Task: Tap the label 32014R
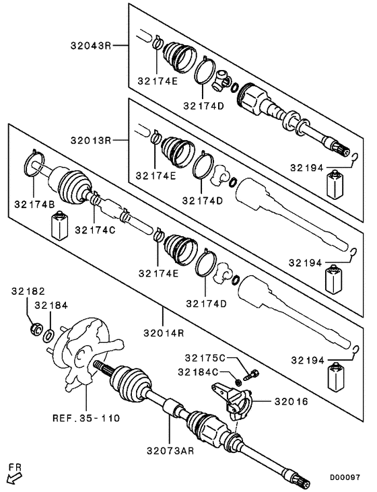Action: [164, 332]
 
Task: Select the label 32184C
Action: [200, 371]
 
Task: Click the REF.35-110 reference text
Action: [86, 418]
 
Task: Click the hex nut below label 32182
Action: [34, 329]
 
